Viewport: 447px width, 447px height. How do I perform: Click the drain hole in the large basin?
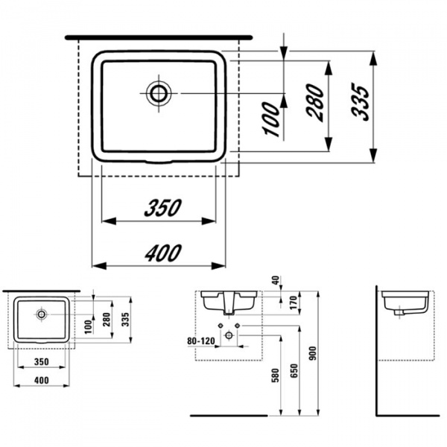click(158, 92)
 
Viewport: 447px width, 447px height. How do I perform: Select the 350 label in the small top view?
click(41, 361)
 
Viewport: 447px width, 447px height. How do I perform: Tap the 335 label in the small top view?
click(127, 321)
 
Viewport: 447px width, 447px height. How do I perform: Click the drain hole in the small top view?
click(41, 314)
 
